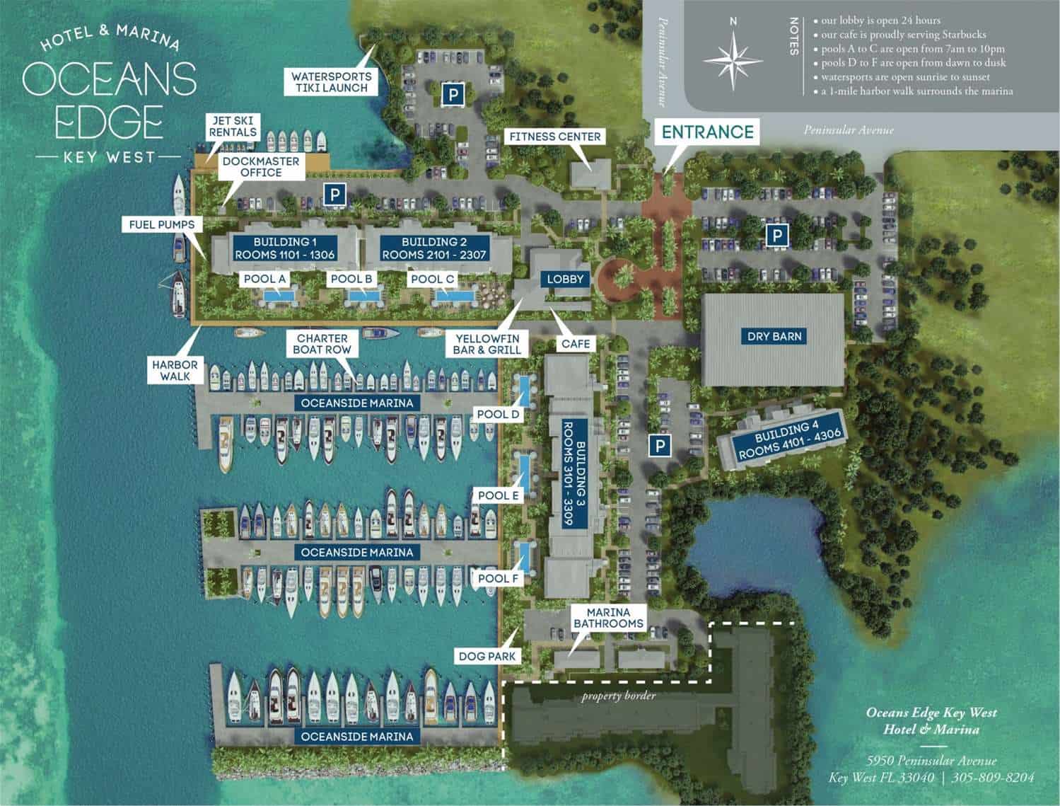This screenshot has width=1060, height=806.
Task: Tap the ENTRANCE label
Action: [708, 131]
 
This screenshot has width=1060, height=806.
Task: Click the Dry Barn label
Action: [774, 336]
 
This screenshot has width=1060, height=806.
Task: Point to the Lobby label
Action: [566, 279]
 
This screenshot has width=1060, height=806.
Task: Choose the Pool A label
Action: [264, 279]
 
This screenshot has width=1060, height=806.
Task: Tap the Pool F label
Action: [499, 579]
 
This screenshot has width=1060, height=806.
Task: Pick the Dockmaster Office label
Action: [261, 167]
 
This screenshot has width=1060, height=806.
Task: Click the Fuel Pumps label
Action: [161, 224]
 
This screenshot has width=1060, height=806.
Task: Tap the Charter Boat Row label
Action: [323, 345]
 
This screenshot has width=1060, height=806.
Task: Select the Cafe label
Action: [576, 344]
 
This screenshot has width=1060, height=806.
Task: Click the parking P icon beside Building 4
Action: [659, 446]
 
